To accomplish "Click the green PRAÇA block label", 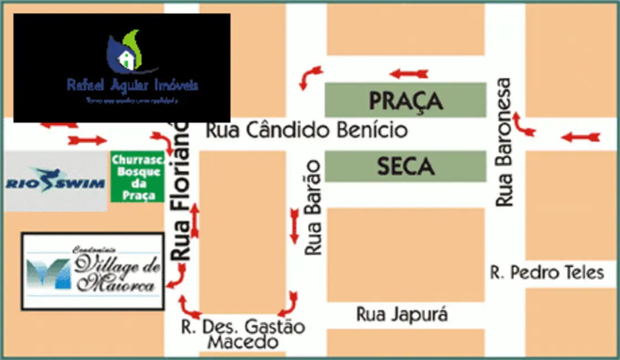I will coord(406,100).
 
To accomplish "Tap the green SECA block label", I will coord(406,166).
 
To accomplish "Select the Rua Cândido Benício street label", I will coord(307,131).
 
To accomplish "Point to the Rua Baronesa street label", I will coord(504,142).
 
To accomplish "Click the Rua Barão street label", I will coord(313,207).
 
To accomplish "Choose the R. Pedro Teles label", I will coord(547,272).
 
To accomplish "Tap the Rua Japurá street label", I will coord(402,315).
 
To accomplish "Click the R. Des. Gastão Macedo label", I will coord(243,334).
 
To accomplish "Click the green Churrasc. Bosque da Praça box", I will coord(137,176).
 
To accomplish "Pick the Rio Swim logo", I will coord(55,182).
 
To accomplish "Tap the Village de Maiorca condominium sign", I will coord(93,271).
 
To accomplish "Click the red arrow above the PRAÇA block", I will coord(409,74).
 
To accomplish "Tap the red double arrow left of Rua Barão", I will coord(294,226).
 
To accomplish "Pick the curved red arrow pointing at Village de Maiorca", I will coord(177,277).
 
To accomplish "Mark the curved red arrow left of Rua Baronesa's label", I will coord(523,125).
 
